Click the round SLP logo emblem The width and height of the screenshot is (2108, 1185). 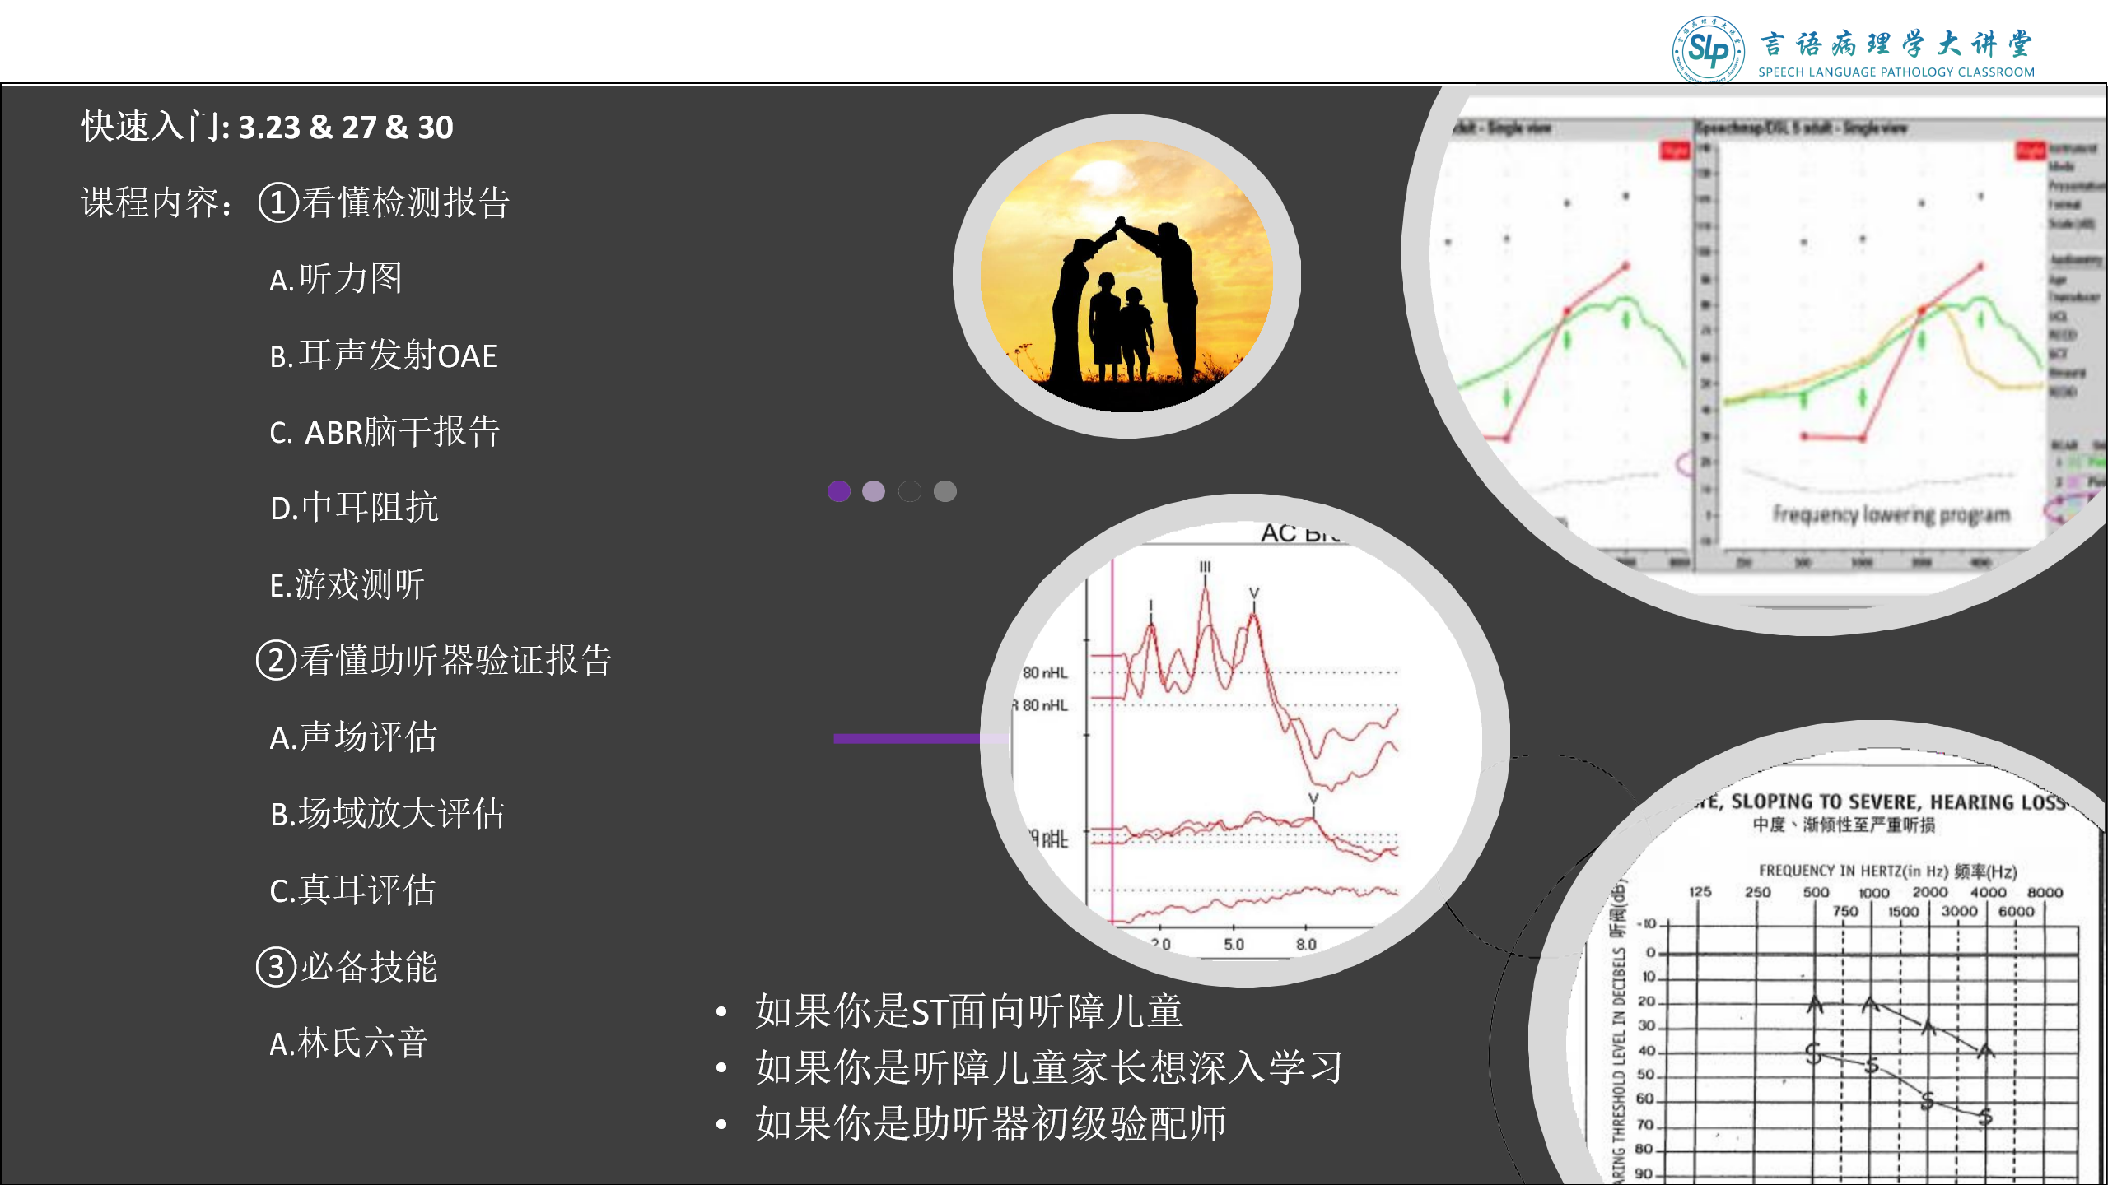(x=1708, y=49)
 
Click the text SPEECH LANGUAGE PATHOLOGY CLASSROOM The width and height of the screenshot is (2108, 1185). (x=1896, y=72)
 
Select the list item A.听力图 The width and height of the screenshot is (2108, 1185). (x=336, y=279)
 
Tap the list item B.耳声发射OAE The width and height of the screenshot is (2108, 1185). (x=384, y=355)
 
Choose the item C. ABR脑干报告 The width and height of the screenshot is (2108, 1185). (x=385, y=432)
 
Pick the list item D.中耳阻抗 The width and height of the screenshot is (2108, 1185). (x=354, y=508)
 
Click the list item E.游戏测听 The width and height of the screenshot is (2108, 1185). (x=347, y=585)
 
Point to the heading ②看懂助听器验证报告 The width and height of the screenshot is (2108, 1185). (x=434, y=660)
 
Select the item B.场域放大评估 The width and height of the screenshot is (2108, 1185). (x=387, y=814)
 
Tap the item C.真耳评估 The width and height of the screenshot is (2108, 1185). (x=352, y=890)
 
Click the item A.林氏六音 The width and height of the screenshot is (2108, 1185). (x=348, y=1043)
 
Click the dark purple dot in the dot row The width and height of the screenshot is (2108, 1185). (x=838, y=491)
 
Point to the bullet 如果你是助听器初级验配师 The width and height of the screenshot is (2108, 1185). (x=991, y=1123)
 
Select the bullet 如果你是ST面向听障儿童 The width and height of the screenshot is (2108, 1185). (x=968, y=1011)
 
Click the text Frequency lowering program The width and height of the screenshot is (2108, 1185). (x=1891, y=515)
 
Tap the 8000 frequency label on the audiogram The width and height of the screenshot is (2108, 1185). (x=2045, y=892)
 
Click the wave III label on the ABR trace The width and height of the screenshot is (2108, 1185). (x=1205, y=567)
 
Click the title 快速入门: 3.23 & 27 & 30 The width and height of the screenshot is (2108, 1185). (x=267, y=127)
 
